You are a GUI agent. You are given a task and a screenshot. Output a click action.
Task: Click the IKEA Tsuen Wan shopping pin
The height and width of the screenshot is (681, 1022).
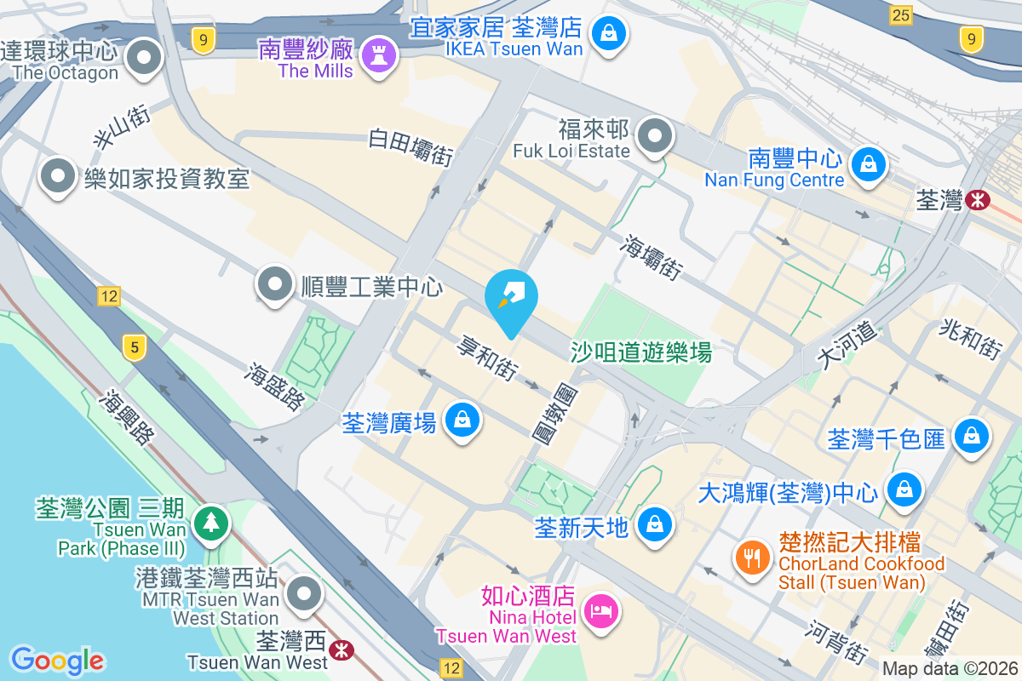point(610,35)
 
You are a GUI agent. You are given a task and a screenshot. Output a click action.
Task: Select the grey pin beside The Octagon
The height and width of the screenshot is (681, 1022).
point(144,58)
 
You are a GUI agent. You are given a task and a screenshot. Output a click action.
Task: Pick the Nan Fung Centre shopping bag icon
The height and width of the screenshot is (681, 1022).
point(868,163)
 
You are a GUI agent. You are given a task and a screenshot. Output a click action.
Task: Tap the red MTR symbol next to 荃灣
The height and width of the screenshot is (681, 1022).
point(977,201)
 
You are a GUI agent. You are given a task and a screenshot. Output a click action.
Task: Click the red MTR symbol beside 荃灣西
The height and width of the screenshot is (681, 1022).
point(342,650)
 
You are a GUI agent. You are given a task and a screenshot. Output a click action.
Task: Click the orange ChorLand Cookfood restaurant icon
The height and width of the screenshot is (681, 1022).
point(751,558)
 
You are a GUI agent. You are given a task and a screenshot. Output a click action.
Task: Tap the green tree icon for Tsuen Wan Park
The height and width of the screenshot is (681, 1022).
point(210,522)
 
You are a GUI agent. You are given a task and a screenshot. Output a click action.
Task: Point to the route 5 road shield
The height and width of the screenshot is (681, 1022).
point(132,346)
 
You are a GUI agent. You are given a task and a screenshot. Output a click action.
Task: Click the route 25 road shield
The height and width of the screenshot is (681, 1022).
point(900,14)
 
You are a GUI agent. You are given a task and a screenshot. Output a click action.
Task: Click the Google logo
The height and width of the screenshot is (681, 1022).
point(57,660)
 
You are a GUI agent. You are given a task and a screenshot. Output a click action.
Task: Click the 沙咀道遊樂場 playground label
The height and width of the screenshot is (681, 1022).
point(640,352)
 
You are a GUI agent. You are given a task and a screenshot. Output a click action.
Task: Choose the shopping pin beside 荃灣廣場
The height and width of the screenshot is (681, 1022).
point(461,421)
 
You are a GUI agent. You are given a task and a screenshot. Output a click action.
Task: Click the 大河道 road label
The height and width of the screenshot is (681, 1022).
point(845,345)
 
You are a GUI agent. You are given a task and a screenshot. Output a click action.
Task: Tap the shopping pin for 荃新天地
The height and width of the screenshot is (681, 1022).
point(655,524)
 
